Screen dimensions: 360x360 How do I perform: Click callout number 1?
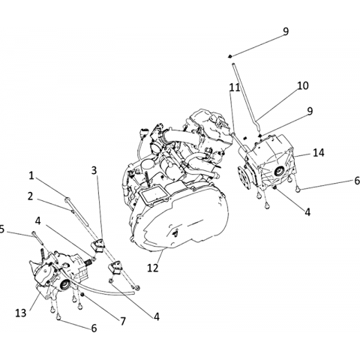click(31, 175)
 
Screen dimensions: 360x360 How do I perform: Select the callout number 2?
click(30, 196)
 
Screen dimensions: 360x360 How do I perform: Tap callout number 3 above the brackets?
click(94, 170)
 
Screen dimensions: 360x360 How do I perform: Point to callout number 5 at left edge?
click(2, 229)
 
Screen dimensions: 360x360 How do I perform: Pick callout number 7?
click(123, 321)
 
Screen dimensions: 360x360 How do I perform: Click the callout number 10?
click(303, 85)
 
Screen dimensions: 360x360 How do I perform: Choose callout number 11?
click(235, 88)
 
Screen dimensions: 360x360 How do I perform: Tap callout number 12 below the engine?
click(153, 268)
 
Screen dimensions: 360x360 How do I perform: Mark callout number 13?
click(21, 313)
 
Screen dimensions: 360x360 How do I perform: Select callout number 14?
click(319, 152)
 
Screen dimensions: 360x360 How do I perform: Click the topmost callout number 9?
click(286, 31)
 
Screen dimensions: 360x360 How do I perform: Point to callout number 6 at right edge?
click(357, 181)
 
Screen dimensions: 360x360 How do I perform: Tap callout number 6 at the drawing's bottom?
click(94, 328)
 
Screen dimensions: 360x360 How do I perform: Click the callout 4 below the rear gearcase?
click(307, 212)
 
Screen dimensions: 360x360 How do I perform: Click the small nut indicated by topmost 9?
click(229, 56)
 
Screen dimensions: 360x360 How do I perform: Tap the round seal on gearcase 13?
click(65, 285)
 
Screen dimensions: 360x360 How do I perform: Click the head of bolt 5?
click(34, 233)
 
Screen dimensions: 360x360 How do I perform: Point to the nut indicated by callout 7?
click(82, 295)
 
